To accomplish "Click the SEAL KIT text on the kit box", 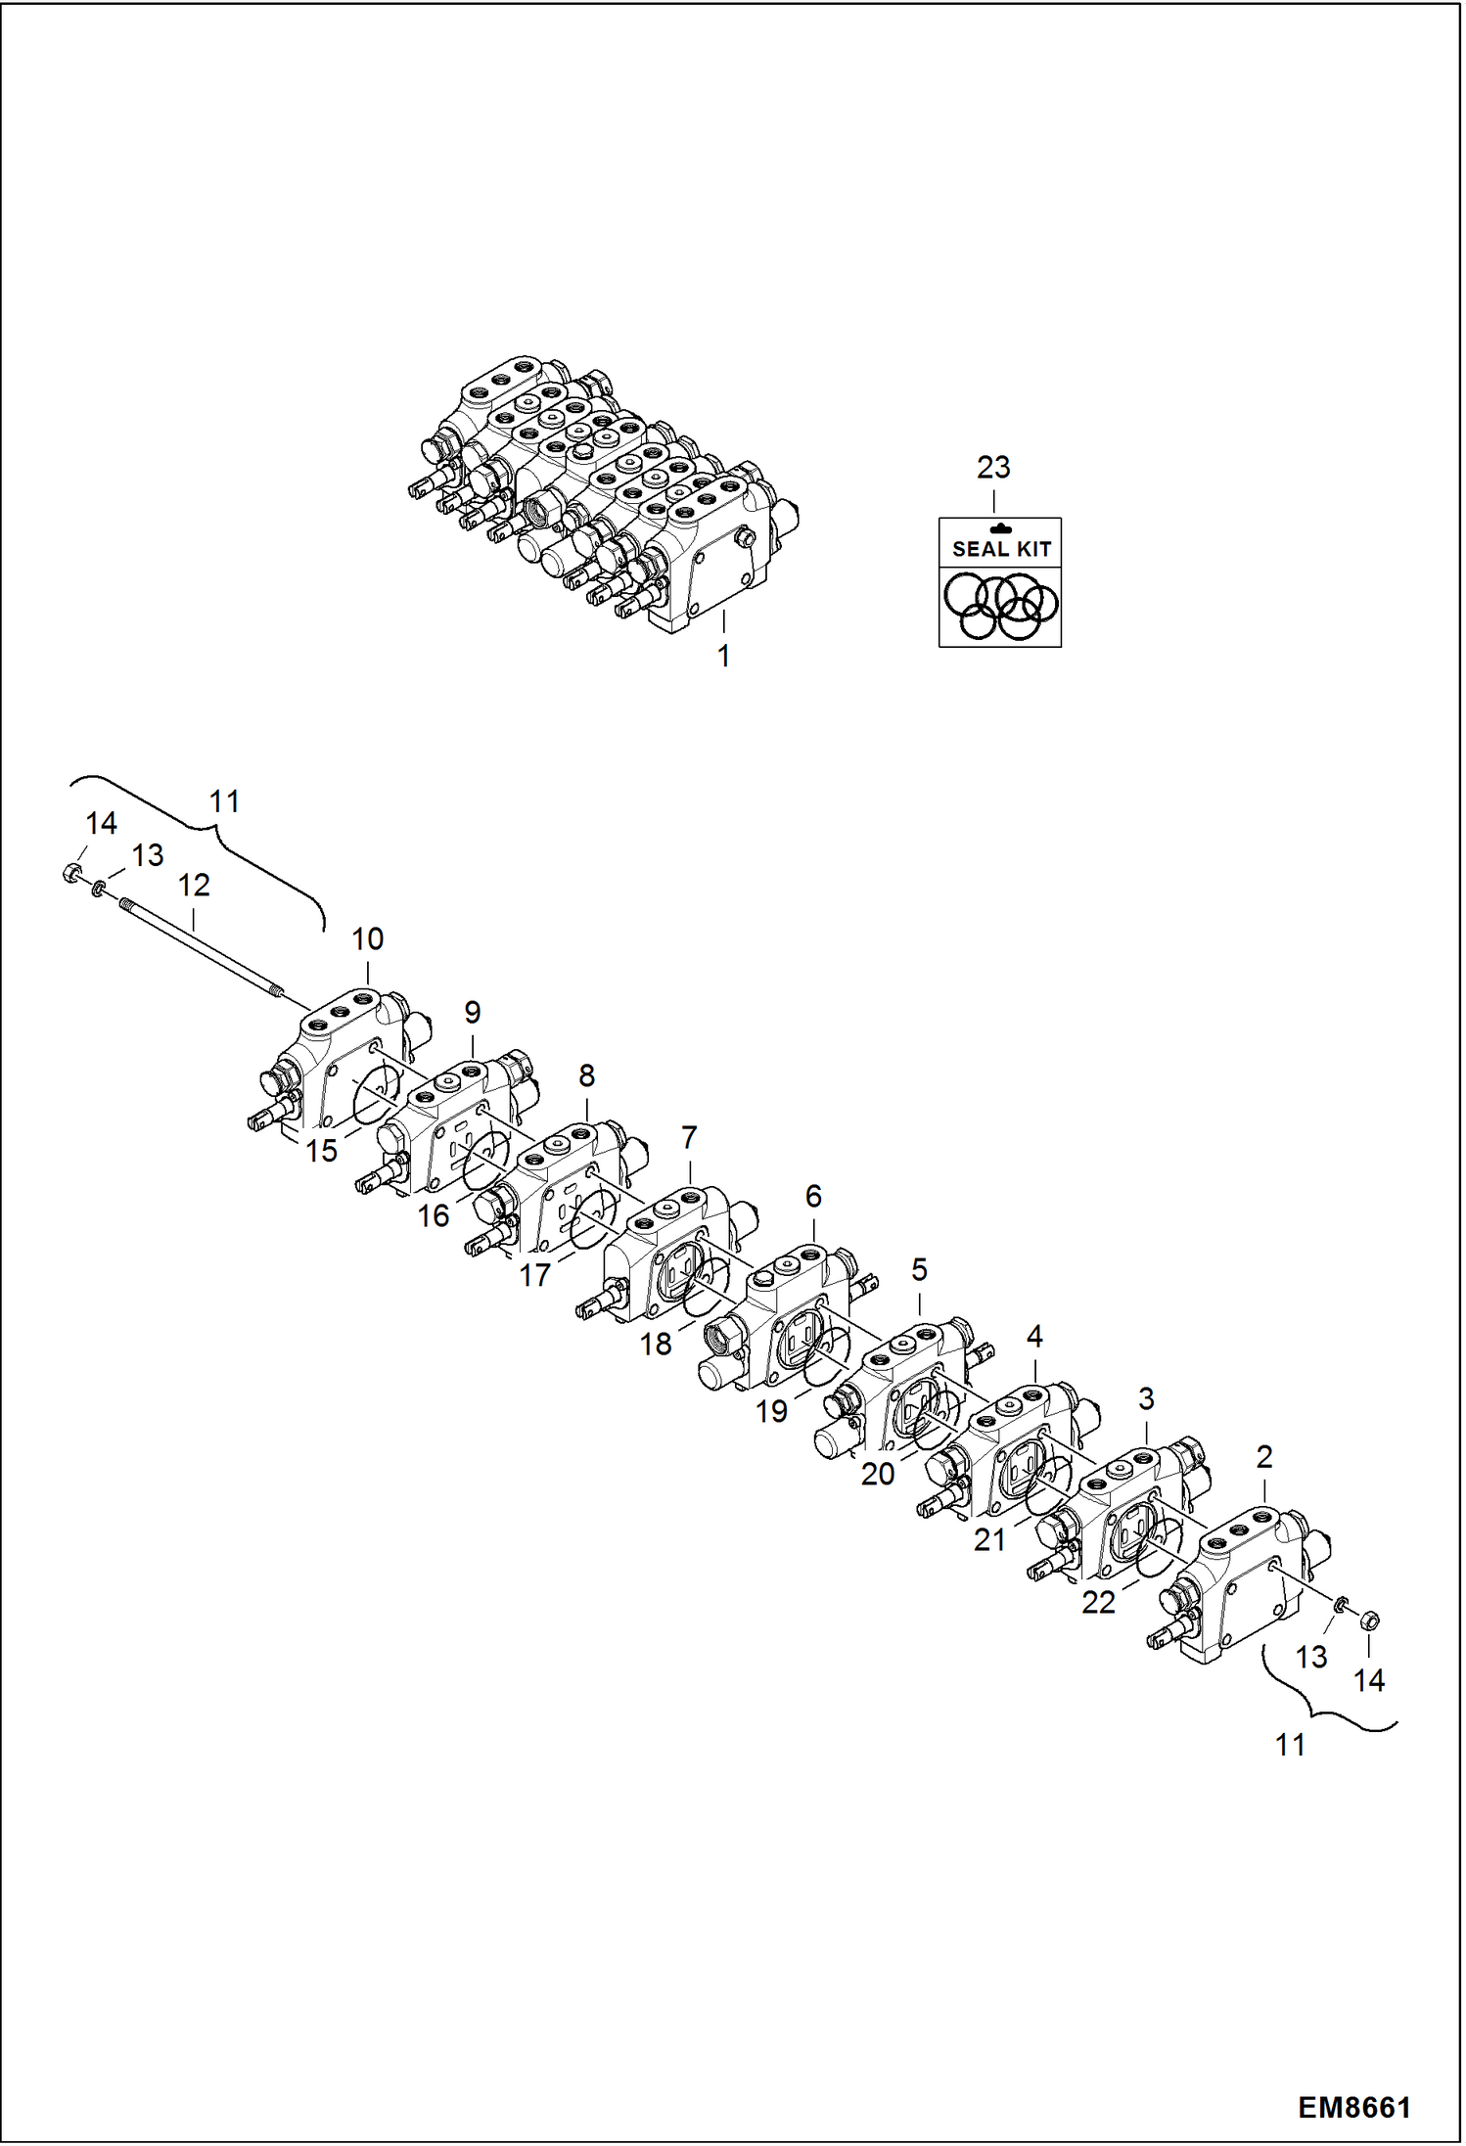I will pyautogui.click(x=1000, y=549).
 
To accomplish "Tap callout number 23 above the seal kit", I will pyautogui.click(x=992, y=468).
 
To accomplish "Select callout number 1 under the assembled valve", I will pyautogui.click(x=723, y=656).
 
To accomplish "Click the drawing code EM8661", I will pyautogui.click(x=1354, y=2107).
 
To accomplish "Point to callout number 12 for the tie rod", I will pyautogui.click(x=194, y=886).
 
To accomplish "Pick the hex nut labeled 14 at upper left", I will pyautogui.click(x=70, y=873).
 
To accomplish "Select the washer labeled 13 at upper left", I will pyautogui.click(x=98, y=888).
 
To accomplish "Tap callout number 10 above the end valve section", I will pyautogui.click(x=367, y=939).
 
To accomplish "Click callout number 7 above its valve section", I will pyautogui.click(x=689, y=1138).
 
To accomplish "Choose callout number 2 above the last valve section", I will pyautogui.click(x=1263, y=1457).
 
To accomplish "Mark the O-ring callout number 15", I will pyautogui.click(x=321, y=1151).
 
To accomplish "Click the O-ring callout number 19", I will pyautogui.click(x=771, y=1411).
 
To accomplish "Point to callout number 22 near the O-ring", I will pyautogui.click(x=1098, y=1602).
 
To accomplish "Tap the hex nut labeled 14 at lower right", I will pyautogui.click(x=1370, y=1621).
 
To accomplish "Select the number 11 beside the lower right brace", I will pyautogui.click(x=1290, y=1744).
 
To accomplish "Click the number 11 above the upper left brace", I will pyautogui.click(x=224, y=801).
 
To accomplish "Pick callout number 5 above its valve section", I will pyautogui.click(x=919, y=1270).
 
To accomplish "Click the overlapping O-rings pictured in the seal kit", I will pyautogui.click(x=1000, y=607).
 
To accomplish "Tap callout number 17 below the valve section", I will pyautogui.click(x=534, y=1275).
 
